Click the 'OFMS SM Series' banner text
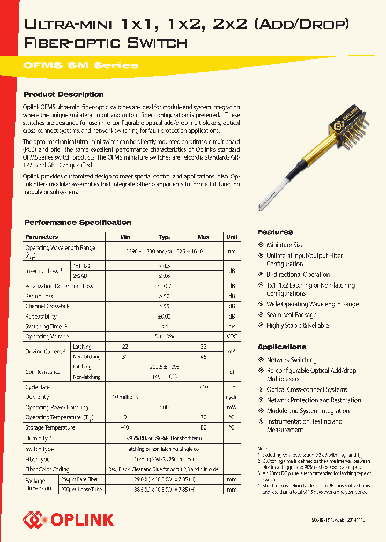click(80, 65)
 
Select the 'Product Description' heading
click(64, 95)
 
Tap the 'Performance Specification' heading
click(78, 222)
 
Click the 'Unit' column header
click(232, 237)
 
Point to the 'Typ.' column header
click(164, 237)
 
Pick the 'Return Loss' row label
click(39, 296)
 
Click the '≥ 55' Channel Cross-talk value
click(164, 306)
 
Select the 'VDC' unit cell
click(232, 336)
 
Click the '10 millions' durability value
click(125, 397)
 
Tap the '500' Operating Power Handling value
click(164, 407)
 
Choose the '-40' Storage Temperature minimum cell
click(125, 427)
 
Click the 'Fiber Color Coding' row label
click(47, 469)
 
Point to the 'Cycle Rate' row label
click(38, 387)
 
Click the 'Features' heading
click(275, 232)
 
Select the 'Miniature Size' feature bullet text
click(285, 245)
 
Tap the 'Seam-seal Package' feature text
click(292, 315)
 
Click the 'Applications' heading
click(281, 347)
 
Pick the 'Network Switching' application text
click(292, 360)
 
